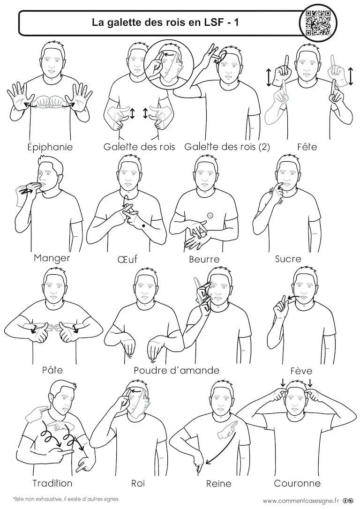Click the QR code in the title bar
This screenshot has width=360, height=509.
click(318, 22)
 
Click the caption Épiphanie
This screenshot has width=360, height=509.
click(50, 147)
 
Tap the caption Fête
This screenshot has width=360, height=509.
click(307, 147)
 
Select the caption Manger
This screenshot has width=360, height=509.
click(52, 258)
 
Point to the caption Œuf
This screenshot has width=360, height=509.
click(127, 259)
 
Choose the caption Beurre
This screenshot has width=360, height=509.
click(204, 259)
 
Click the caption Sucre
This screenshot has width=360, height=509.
click(288, 259)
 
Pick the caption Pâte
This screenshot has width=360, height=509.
click(52, 370)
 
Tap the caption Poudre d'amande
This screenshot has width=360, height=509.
click(177, 370)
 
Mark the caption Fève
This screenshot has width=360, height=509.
click(301, 370)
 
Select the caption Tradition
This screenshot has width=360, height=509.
click(52, 483)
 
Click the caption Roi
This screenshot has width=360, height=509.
click(138, 483)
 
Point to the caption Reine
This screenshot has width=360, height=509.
click(219, 483)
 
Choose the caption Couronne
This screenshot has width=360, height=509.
click(297, 483)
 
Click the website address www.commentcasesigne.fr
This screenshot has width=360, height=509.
click(300, 501)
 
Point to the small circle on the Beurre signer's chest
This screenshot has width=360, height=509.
click(210, 215)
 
